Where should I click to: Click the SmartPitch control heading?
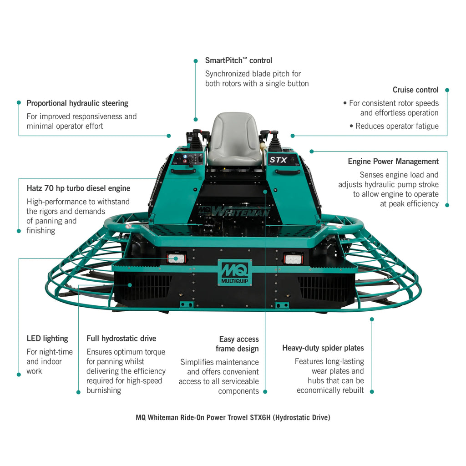click(x=238, y=61)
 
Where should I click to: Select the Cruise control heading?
click(x=415, y=90)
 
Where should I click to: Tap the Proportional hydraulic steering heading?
click(x=77, y=103)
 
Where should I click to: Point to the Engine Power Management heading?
click(x=393, y=162)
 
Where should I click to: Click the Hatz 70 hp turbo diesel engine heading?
click(x=78, y=188)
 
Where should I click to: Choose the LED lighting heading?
click(x=47, y=339)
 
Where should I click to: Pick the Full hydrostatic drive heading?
click(x=121, y=339)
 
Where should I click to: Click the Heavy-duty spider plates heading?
click(x=323, y=348)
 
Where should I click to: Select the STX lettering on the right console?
click(x=278, y=160)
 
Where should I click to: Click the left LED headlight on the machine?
click(x=176, y=258)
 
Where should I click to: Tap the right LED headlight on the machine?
click(x=294, y=258)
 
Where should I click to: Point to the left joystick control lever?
click(x=196, y=139)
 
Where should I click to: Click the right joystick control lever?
click(x=275, y=139)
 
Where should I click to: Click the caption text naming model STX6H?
click(x=233, y=417)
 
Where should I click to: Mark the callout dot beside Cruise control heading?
click(x=447, y=90)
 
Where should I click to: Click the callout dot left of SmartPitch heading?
click(x=196, y=61)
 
